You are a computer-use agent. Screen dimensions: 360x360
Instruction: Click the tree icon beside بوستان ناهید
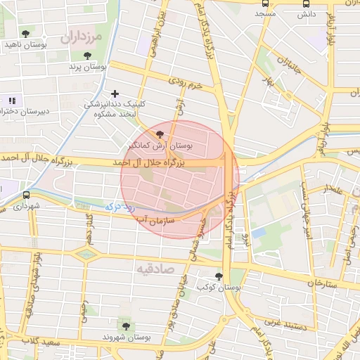(26, 34)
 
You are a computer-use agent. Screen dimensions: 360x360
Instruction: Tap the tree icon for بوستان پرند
(87, 56)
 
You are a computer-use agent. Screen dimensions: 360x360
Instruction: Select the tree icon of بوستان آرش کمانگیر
(160, 134)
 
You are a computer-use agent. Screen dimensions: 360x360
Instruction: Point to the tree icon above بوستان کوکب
(218, 276)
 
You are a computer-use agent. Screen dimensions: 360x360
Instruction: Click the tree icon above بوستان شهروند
(126, 326)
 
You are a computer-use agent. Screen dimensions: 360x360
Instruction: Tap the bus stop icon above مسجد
(265, 3)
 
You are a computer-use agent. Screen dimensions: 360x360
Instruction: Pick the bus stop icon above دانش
(304, 3)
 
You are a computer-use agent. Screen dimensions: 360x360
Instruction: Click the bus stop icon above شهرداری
(26, 195)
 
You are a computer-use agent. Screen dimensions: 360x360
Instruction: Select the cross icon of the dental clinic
(115, 93)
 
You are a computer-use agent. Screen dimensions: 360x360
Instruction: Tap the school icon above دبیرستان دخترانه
(11, 101)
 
